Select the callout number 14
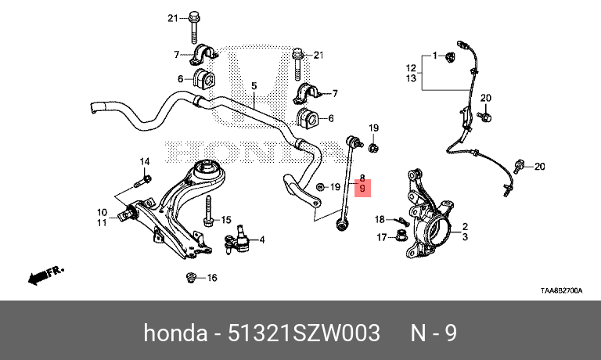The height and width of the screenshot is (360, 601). click(144, 162)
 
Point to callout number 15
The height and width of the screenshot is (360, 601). click(227, 220)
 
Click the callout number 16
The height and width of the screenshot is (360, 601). click(212, 278)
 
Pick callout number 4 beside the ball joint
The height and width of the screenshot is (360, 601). click(261, 239)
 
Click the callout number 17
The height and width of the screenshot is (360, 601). click(382, 237)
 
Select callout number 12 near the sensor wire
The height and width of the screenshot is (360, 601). click(411, 67)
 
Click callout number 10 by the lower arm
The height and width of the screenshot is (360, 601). click(102, 211)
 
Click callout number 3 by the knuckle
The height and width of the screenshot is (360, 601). click(465, 236)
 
